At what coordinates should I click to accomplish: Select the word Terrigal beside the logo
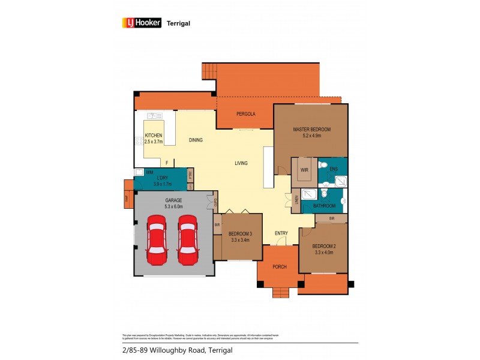point(178,23)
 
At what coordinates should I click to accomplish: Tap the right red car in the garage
point(187,242)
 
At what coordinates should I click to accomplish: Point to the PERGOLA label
point(246,114)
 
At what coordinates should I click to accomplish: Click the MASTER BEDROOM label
point(311,130)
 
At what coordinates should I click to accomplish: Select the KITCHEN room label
point(154,136)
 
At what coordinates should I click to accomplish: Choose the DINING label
point(196,140)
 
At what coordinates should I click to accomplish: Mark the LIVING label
point(241,163)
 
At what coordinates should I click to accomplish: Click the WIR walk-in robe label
point(304,170)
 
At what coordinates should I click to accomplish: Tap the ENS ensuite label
point(334,169)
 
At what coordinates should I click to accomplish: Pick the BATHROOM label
point(324,206)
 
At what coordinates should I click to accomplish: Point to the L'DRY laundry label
point(161,178)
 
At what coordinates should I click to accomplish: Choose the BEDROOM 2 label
point(322,247)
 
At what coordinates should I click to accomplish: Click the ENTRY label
point(281,233)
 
